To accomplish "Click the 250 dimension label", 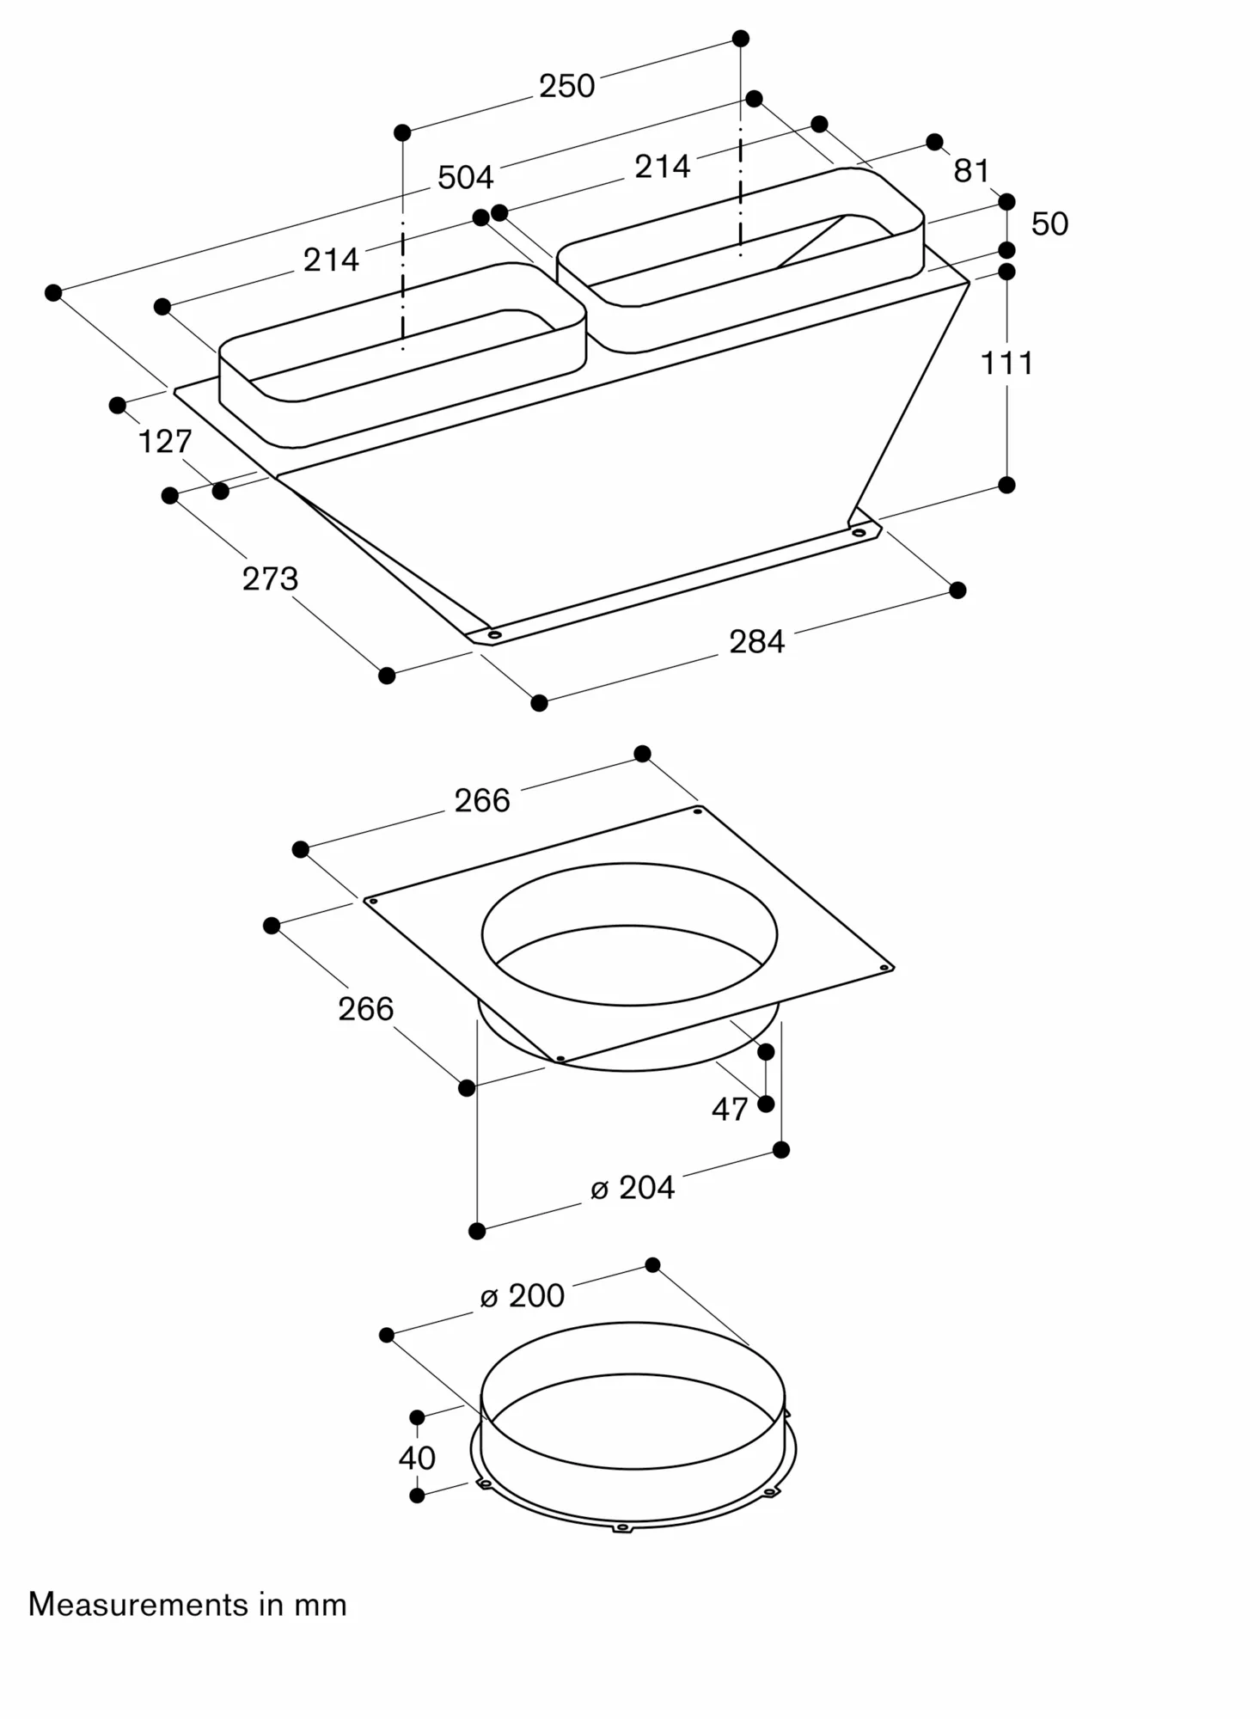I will [566, 86].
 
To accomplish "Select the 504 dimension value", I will [465, 177].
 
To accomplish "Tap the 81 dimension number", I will [971, 171].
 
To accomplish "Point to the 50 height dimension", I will [1049, 224].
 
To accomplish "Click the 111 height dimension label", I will [1006, 364].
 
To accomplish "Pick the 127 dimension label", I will [164, 442].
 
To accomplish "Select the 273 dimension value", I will [270, 579].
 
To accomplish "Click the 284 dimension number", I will [756, 642].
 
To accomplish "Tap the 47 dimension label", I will [730, 1110].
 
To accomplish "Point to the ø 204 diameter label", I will [633, 1188].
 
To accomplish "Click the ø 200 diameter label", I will [523, 1296].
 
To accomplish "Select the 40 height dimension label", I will [417, 1458].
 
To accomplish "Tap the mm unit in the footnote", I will [321, 1606].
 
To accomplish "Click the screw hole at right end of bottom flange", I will [858, 533].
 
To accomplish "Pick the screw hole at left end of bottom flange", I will [494, 635].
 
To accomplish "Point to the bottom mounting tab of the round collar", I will [622, 1527].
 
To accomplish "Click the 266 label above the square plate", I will [482, 801].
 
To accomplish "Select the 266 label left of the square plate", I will [365, 1009].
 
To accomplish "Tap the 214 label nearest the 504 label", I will [331, 260].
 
